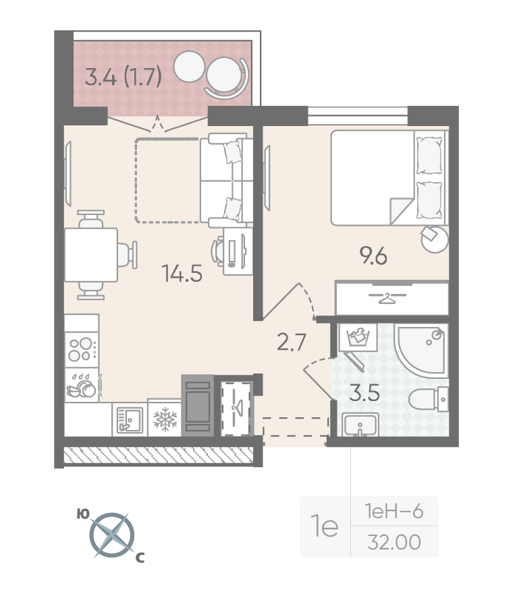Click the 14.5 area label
coord(182,273)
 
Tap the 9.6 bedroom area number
coord(373,256)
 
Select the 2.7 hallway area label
coord(291,342)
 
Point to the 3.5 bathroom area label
coord(364,393)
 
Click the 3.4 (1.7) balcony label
coord(123,77)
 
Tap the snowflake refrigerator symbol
coord(165,419)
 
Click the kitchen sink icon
coord(130,420)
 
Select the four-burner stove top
coord(82,350)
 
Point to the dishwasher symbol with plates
coord(82,386)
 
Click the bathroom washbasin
coord(360,424)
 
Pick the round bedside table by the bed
coord(435,239)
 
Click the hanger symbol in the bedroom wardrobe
coord(387,298)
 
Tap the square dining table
coord(91,255)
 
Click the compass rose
coord(112,535)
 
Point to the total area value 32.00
coord(394,542)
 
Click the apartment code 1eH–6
coord(394,511)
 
